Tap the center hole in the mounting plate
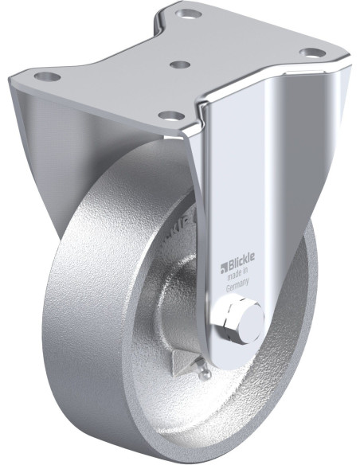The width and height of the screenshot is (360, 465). click(x=181, y=63)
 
